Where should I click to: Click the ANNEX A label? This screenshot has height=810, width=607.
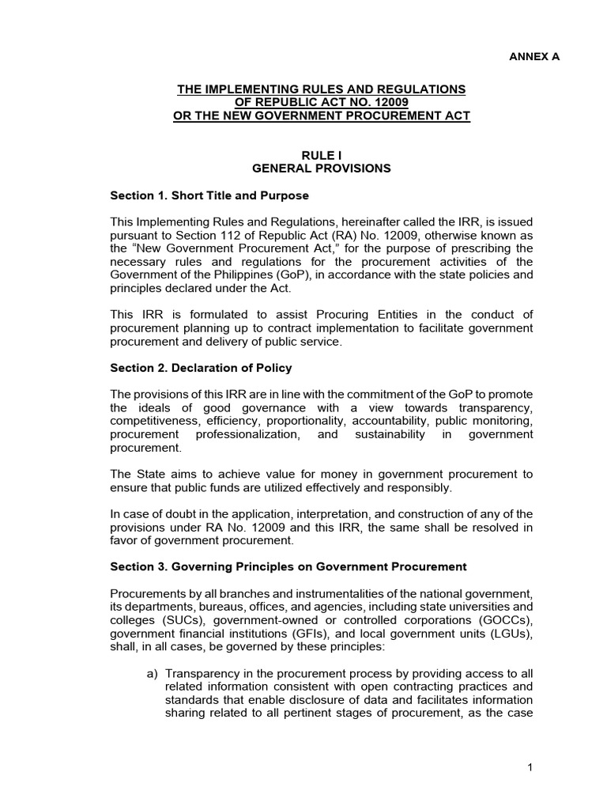533,56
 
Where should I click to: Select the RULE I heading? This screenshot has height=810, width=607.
321,156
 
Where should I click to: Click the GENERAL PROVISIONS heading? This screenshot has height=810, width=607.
321,168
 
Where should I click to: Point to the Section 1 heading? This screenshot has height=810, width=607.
209,195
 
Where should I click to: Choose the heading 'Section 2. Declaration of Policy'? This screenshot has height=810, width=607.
200,367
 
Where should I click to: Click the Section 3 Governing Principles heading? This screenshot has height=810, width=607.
288,566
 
